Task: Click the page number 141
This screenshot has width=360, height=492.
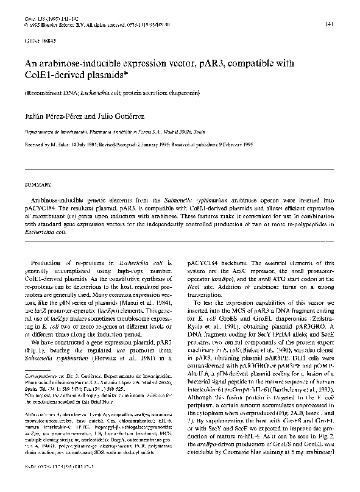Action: pos(328,24)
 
